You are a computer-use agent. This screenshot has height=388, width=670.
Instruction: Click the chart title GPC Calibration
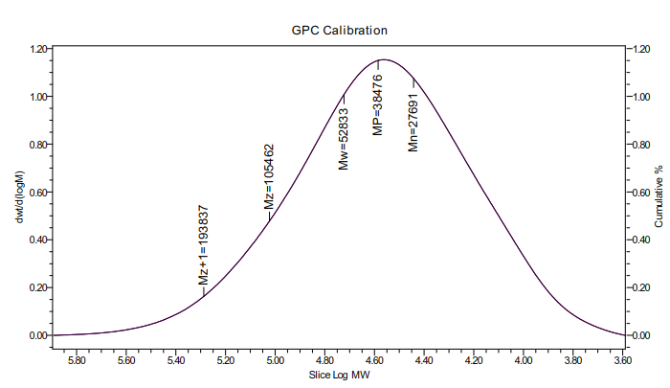pyautogui.click(x=339, y=31)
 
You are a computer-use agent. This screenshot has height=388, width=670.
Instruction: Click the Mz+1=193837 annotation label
pyautogui.click(x=203, y=246)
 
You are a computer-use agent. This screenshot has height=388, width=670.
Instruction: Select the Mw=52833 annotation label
pyautogui.click(x=345, y=138)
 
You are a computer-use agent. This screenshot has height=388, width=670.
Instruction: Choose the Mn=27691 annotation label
pyautogui.click(x=413, y=119)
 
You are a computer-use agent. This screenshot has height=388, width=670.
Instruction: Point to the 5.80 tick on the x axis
pyautogui.click(x=78, y=360)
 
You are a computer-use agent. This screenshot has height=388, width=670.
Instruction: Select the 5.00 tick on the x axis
pyautogui.click(x=276, y=360)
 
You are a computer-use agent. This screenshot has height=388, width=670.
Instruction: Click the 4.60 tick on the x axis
pyautogui.click(x=375, y=360)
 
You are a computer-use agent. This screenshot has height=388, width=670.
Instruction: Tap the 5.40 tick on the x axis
pyautogui.click(x=176, y=360)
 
